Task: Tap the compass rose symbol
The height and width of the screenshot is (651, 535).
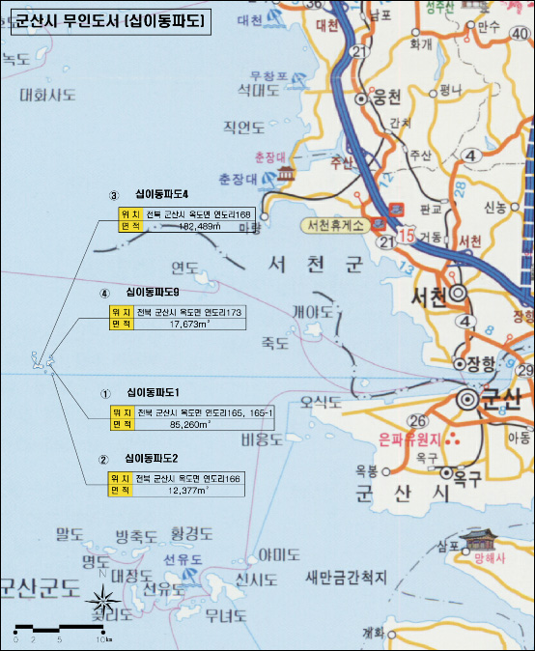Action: pos(101,604)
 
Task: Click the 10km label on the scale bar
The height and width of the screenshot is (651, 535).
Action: pos(103,640)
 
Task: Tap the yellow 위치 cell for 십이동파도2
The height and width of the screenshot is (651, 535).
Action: pos(121,478)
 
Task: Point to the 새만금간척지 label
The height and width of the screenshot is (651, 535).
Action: pos(346,578)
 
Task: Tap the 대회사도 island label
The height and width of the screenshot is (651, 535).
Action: pos(47,95)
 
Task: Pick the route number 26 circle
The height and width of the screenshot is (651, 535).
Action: pos(417,421)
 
